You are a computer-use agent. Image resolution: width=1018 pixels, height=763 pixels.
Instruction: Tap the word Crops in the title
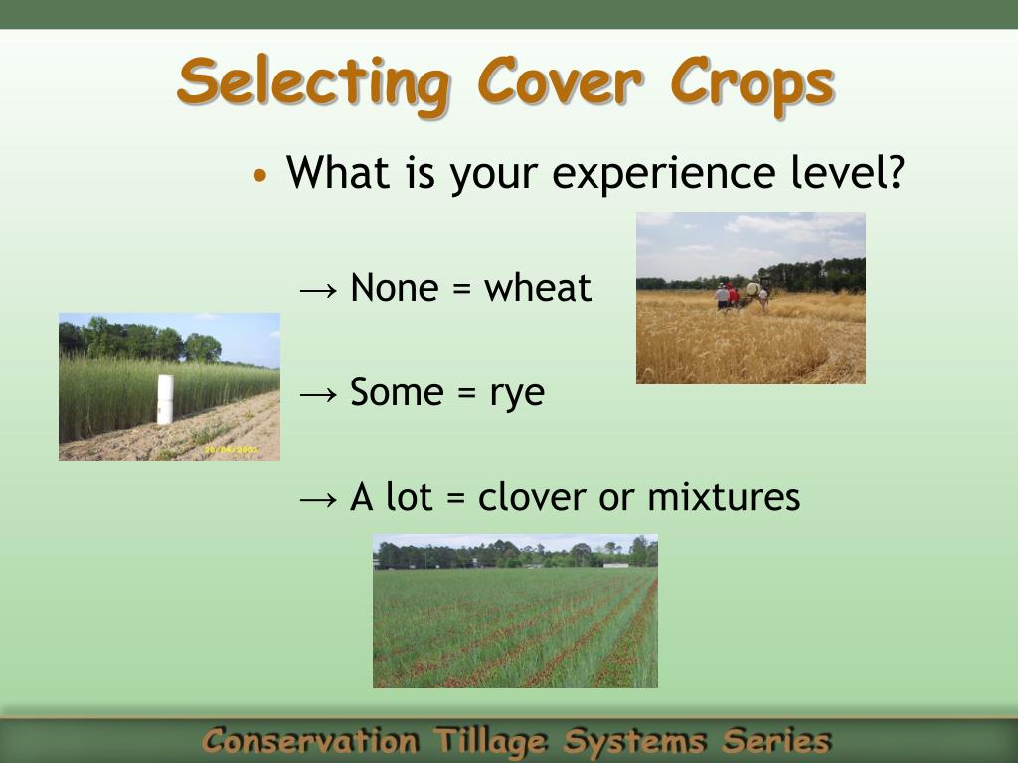753,85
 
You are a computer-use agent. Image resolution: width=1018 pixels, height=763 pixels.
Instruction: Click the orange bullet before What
259,175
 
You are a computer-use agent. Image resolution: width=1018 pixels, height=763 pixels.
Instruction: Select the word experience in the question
663,174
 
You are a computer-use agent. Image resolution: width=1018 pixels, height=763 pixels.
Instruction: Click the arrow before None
319,290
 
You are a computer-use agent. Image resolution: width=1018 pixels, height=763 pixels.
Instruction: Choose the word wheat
538,287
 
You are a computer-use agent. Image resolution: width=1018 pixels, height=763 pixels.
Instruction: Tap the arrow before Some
319,394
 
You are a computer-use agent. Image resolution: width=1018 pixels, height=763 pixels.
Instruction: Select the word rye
517,395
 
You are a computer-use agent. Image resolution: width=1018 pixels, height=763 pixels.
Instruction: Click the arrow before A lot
319,499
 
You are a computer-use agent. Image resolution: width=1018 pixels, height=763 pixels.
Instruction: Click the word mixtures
724,497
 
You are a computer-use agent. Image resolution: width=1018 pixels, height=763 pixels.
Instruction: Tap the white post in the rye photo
166,399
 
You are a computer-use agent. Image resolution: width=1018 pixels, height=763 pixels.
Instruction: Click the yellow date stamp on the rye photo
231,449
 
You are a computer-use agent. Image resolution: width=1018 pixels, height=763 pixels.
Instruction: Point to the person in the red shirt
733,296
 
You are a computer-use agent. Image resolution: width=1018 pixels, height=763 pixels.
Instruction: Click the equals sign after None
461,289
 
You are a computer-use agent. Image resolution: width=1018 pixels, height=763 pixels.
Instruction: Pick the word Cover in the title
561,83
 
